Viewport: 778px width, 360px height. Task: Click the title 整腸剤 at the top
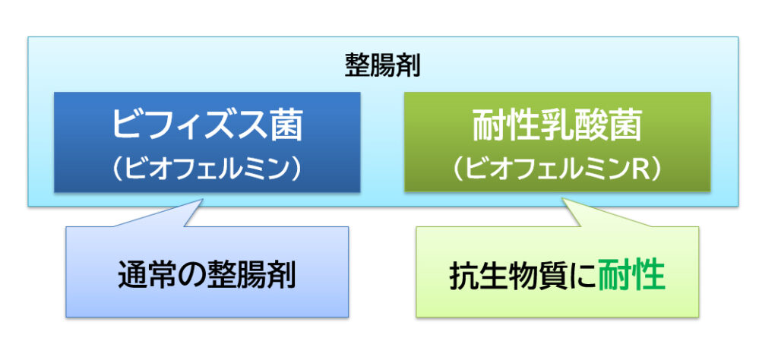(383, 66)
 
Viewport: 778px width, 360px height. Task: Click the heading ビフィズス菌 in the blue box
(207, 125)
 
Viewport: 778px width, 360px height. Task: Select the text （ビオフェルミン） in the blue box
(207, 169)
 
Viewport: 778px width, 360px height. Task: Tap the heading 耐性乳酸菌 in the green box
(557, 125)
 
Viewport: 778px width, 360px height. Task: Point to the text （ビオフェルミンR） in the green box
(557, 169)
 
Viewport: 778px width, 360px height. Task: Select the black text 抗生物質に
(523, 274)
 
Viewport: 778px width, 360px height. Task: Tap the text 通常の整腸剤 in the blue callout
(207, 274)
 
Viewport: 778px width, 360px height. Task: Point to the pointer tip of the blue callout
(203, 200)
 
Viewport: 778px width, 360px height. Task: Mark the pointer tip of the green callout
(562, 199)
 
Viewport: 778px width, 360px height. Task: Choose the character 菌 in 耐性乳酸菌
(625, 125)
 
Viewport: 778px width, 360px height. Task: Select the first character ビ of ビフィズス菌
(128, 125)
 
